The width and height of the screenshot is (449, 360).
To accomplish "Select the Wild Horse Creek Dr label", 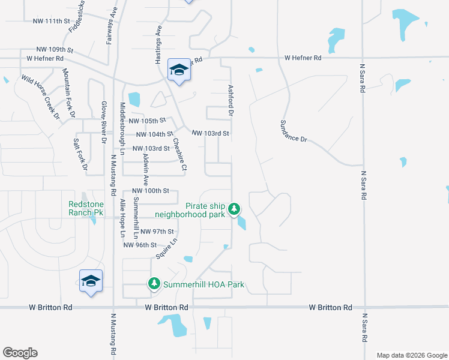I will pos(40,95).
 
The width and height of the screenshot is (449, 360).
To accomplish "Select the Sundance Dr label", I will pos(294,131).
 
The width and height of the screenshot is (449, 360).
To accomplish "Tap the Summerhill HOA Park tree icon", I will pos(154,283).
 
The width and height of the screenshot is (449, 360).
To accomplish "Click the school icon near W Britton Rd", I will pos(91,280).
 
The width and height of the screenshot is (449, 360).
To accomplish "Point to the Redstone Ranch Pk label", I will pos(85,208).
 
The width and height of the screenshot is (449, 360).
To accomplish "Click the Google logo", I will pos(20,353).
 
